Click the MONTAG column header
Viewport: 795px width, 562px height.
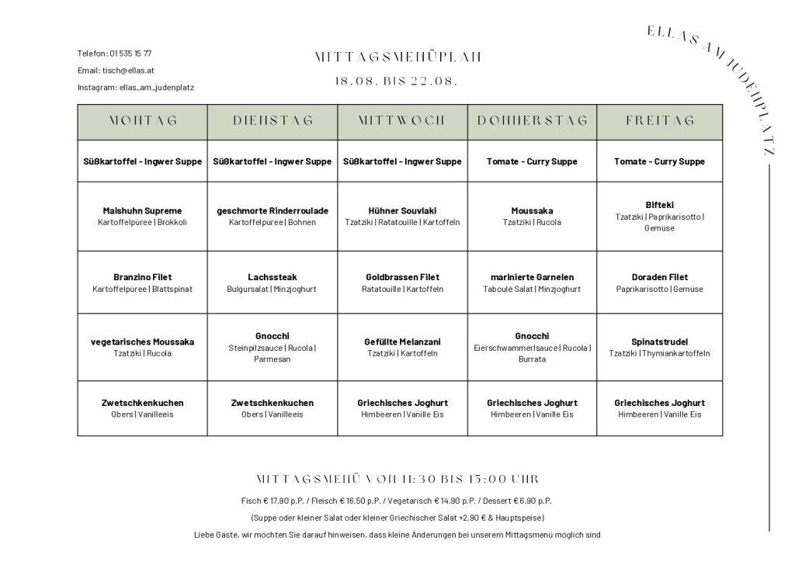pyautogui.click(x=142, y=120)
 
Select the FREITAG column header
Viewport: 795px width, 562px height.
pyautogui.click(x=660, y=120)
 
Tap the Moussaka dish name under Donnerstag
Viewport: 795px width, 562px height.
pyautogui.click(x=532, y=210)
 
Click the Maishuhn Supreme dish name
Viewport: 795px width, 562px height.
pyautogui.click(x=142, y=210)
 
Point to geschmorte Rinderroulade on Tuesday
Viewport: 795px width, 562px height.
pyautogui.click(x=273, y=210)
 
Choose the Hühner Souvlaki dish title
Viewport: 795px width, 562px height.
pyautogui.click(x=402, y=210)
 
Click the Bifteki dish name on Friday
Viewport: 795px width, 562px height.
pyautogui.click(x=660, y=205)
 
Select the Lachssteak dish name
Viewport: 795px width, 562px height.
pyautogui.click(x=273, y=277)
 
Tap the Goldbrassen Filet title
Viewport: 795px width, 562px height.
pyautogui.click(x=402, y=277)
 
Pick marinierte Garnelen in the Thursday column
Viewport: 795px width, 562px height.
pyautogui.click(x=532, y=277)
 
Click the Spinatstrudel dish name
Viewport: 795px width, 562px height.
pyautogui.click(x=660, y=342)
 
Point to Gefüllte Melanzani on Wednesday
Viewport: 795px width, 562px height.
pyautogui.click(x=402, y=342)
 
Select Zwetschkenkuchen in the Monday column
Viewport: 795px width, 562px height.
pyautogui.click(x=142, y=403)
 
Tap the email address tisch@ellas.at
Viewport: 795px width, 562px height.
pyautogui.click(x=128, y=71)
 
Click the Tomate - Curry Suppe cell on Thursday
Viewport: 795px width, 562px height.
pyautogui.click(x=532, y=161)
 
